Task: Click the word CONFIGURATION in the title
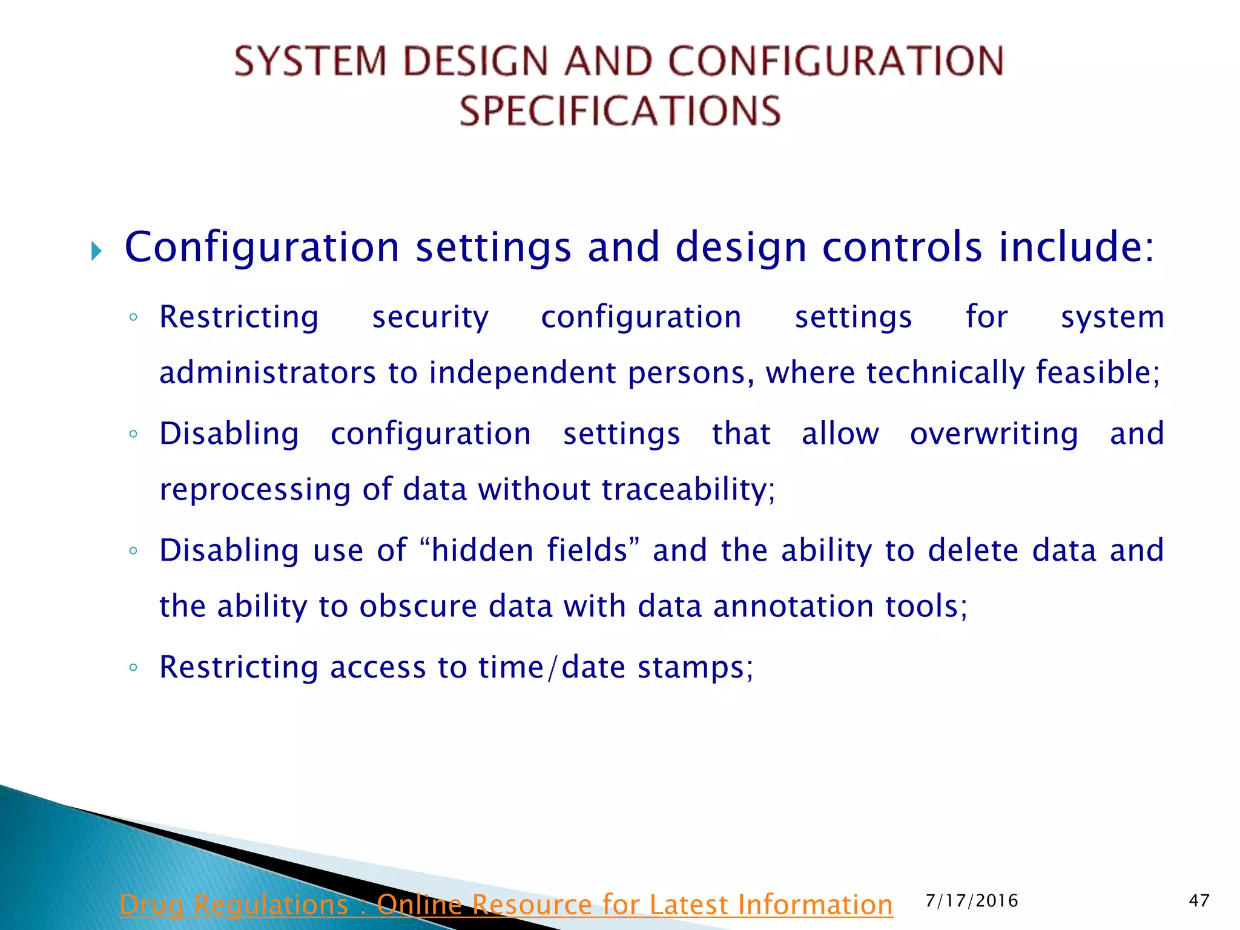click(x=836, y=61)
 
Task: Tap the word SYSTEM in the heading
click(x=310, y=61)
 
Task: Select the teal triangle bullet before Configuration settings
click(x=96, y=250)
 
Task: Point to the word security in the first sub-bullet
click(x=430, y=317)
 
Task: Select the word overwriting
click(x=994, y=434)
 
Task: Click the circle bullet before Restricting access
click(x=133, y=668)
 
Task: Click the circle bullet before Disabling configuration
click(x=133, y=434)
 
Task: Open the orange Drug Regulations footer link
click(x=506, y=905)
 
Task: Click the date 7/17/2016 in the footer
click(x=971, y=901)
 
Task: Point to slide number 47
click(x=1199, y=901)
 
